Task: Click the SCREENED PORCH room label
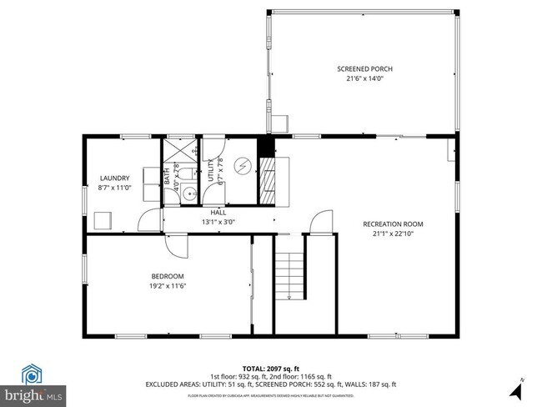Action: (x=364, y=69)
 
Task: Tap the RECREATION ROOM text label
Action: (x=393, y=224)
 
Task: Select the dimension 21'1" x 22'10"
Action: (x=393, y=234)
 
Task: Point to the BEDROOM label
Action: (x=167, y=276)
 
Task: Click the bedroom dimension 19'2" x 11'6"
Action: (x=167, y=286)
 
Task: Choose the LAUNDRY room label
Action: (x=114, y=178)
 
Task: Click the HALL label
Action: (x=218, y=213)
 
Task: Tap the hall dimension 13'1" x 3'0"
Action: (x=218, y=223)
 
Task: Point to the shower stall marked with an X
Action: (x=178, y=149)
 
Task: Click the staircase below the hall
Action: (x=292, y=275)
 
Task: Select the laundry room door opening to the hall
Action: (x=150, y=220)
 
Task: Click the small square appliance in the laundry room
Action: (x=103, y=220)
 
